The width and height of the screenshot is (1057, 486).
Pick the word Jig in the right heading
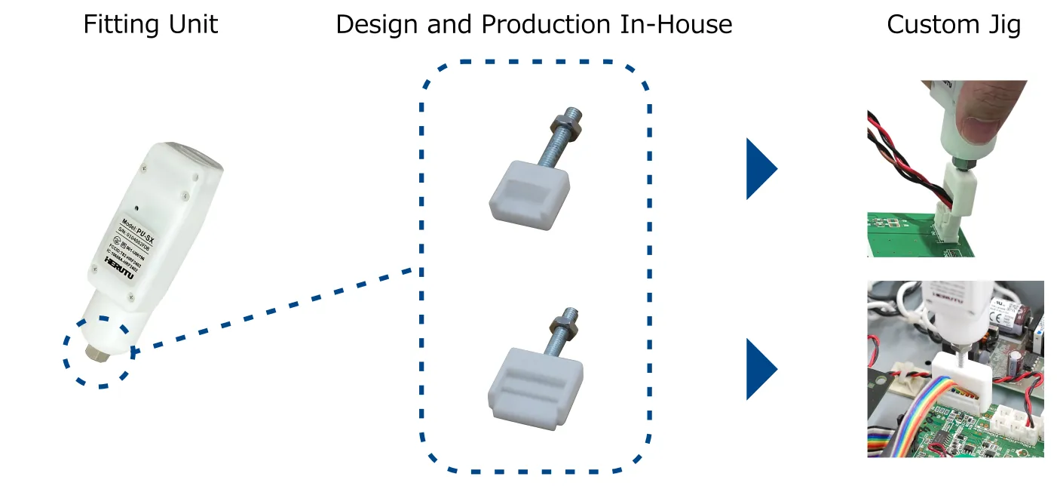(x=1003, y=26)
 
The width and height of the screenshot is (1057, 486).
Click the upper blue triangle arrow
(x=760, y=168)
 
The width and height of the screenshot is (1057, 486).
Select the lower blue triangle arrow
(x=760, y=369)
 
